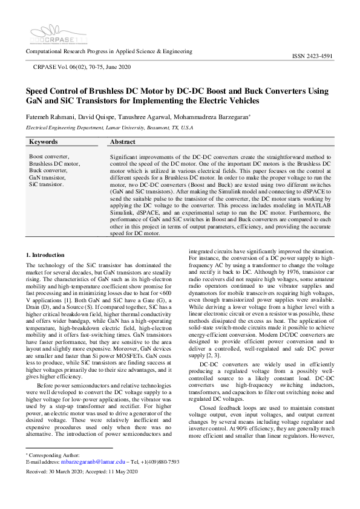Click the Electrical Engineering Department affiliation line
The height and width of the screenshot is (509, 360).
(109, 128)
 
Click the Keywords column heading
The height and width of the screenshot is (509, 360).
(44, 142)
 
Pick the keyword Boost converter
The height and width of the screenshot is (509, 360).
(49, 157)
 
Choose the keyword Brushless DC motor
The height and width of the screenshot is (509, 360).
(54, 164)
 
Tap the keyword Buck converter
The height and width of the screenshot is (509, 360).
(48, 170)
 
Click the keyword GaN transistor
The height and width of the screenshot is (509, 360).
(47, 177)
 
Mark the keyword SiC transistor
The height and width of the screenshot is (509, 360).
(47, 184)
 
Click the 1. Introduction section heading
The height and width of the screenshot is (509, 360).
(49, 256)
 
